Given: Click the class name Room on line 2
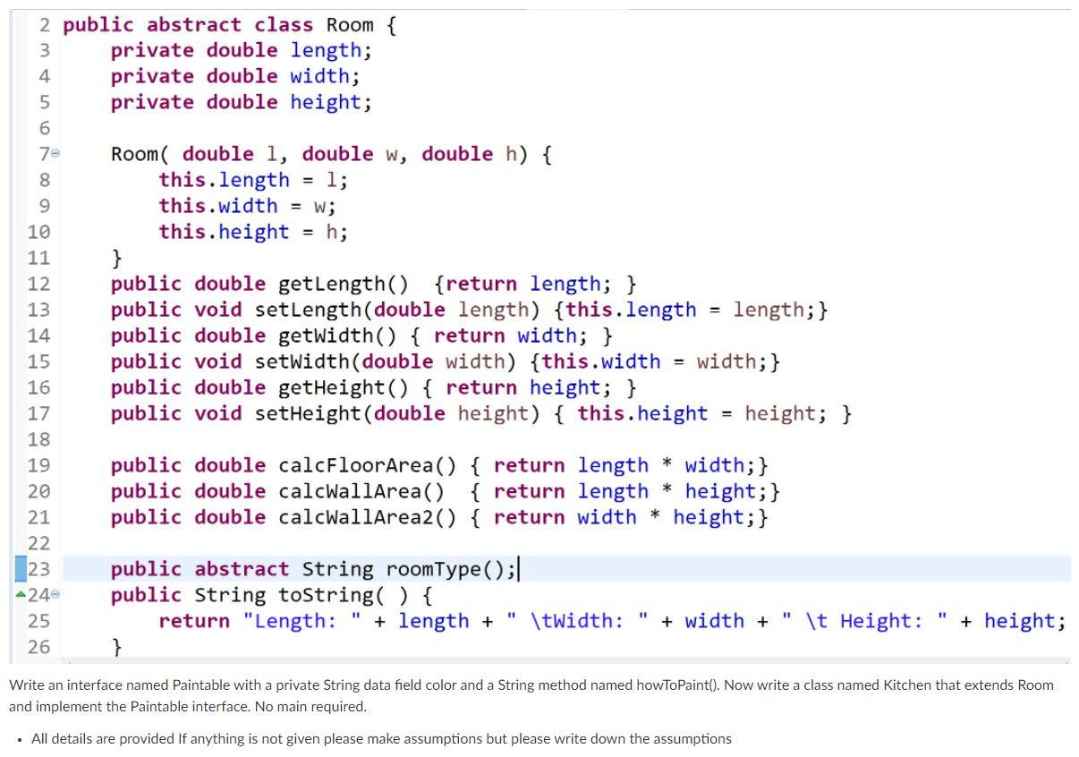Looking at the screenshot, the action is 350,25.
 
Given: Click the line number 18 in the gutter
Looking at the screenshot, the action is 38,439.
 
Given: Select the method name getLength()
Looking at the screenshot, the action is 343,285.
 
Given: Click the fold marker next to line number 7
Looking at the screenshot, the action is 56,155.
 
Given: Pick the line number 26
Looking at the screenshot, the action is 38,647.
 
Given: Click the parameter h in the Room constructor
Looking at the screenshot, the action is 511,155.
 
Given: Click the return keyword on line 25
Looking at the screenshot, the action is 194,622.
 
